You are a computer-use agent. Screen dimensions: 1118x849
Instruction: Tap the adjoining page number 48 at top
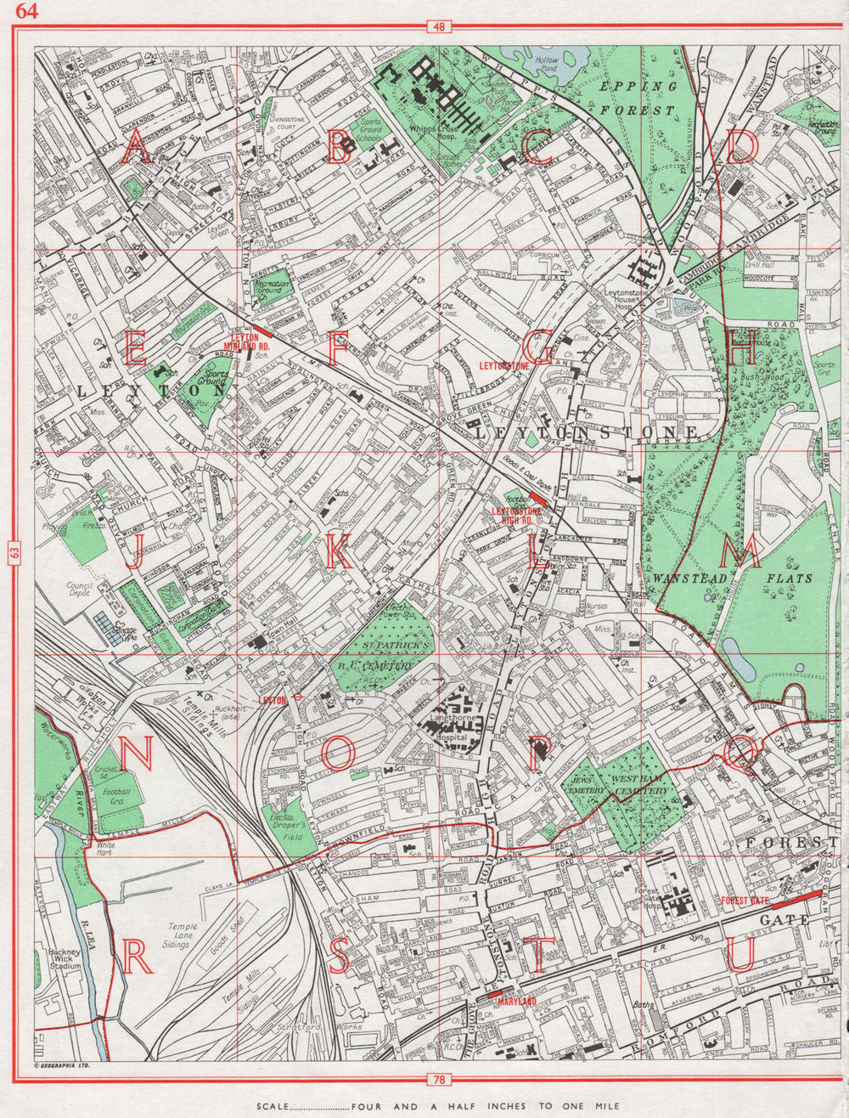(x=438, y=27)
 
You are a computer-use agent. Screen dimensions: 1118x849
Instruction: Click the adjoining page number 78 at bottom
(x=438, y=1080)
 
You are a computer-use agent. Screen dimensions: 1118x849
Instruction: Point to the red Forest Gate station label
(x=745, y=901)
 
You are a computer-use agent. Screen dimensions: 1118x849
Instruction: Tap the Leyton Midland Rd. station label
(x=246, y=342)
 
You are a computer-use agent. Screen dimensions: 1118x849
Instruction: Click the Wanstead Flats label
(x=732, y=578)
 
